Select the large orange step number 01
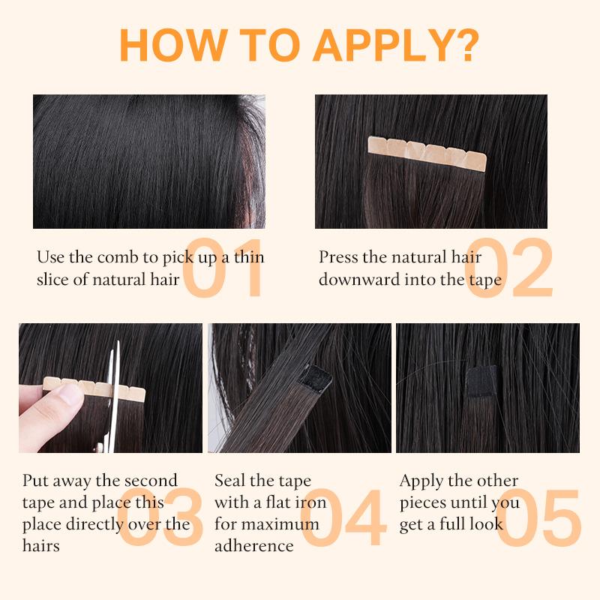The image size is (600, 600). coord(223,268)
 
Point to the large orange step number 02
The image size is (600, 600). coord(509,268)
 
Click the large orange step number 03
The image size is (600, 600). coord(160,517)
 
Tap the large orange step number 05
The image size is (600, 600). coord(538,517)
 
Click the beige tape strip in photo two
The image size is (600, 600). coord(427,153)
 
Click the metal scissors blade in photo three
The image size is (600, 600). coord(113,396)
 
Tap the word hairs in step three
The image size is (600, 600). coord(41,546)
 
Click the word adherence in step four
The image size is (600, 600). coord(254,546)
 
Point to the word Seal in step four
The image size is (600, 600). coord(229,481)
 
